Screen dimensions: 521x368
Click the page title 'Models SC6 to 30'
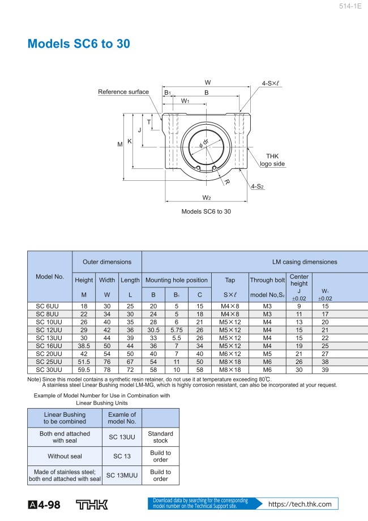pyautogui.click(x=80, y=44)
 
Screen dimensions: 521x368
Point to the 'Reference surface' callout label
pyautogui.click(x=123, y=92)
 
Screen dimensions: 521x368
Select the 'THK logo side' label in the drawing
pyautogui.click(x=272, y=160)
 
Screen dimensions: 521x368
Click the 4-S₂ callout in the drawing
pyautogui.click(x=258, y=186)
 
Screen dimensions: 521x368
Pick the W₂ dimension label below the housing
pyautogui.click(x=207, y=197)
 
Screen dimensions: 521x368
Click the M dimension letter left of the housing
pyautogui.click(x=120, y=145)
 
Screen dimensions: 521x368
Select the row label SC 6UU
pyautogui.click(x=49, y=306)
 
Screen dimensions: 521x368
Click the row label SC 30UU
pyautogui.click(x=49, y=370)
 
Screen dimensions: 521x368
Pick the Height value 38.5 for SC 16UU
pyautogui.click(x=84, y=346)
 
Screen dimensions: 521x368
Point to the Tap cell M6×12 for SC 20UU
pyautogui.click(x=230, y=354)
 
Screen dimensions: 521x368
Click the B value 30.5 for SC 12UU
pyautogui.click(x=153, y=330)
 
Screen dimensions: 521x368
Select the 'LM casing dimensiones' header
pyautogui.click(x=305, y=262)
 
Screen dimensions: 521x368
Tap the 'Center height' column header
pyautogui.click(x=299, y=280)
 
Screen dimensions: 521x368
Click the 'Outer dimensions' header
pyautogui.click(x=107, y=262)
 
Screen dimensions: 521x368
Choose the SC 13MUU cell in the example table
pyautogui.click(x=122, y=475)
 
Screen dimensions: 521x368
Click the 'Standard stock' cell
pyautogui.click(x=160, y=437)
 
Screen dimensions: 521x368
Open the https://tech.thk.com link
pyautogui.click(x=299, y=504)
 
